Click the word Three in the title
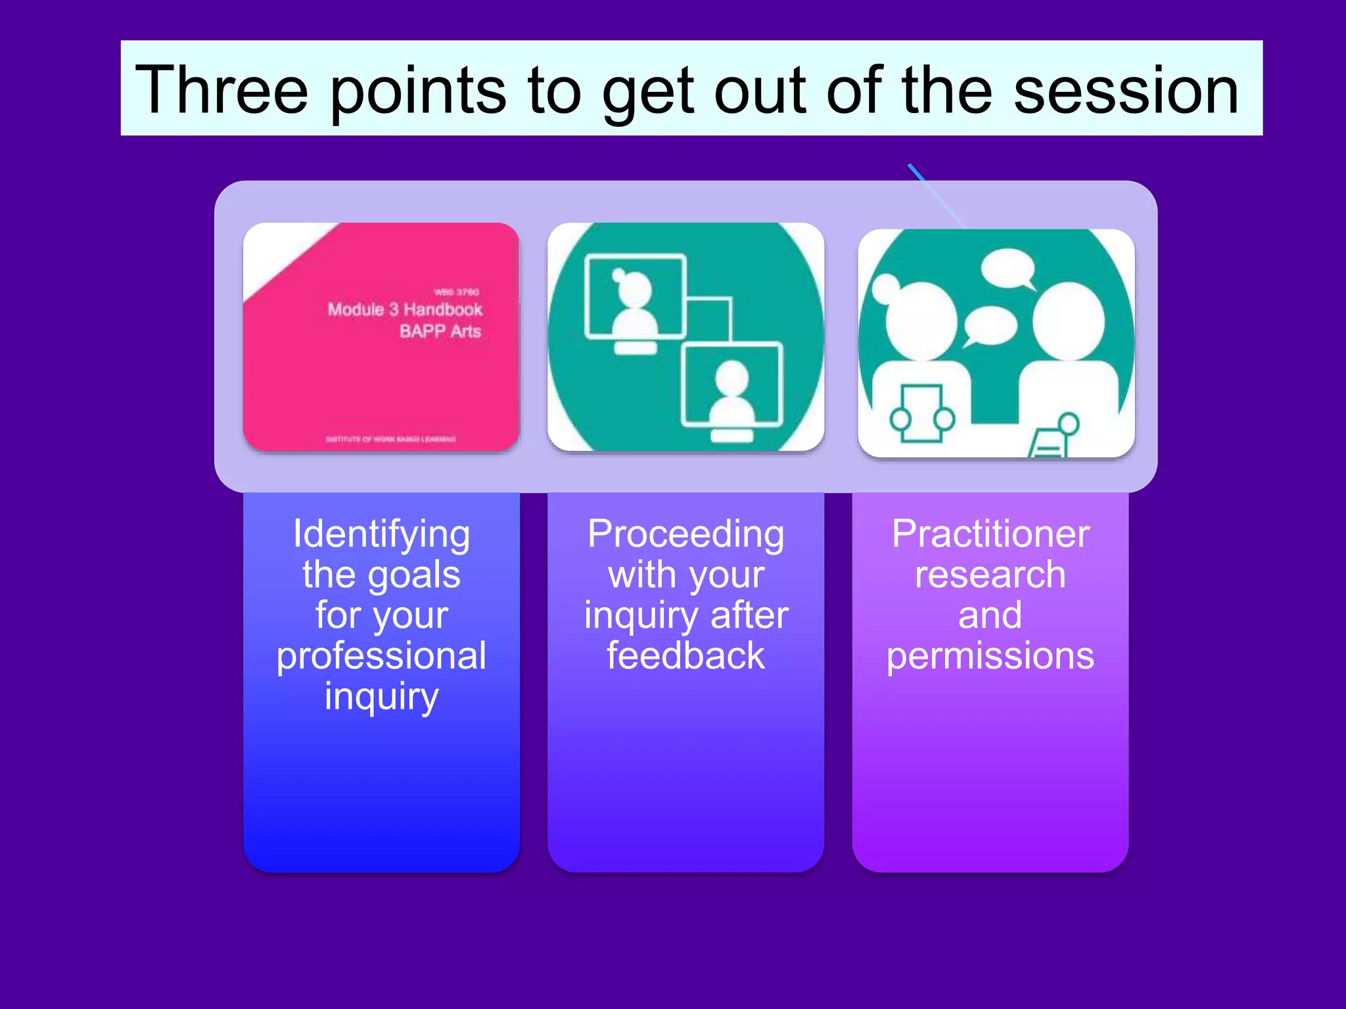coord(221,90)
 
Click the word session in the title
coord(1126,90)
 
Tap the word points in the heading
coord(417,90)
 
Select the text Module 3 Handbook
coord(405,309)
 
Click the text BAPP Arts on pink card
coord(440,331)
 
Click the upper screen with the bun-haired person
coord(635,298)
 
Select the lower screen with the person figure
coord(732,385)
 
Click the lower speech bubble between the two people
coord(989,326)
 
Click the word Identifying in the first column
coord(381,533)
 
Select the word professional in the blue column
coord(381,656)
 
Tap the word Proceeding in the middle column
coord(685,533)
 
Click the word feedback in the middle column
coord(685,656)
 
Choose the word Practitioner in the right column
coord(990,533)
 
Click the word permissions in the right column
coord(990,656)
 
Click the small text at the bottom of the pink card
coord(390,439)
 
